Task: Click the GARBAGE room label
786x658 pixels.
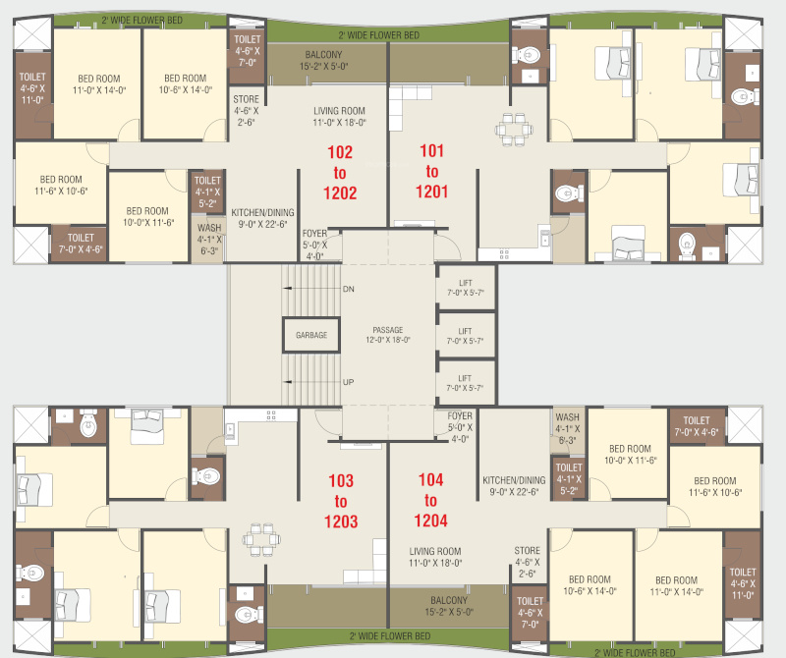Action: (x=310, y=335)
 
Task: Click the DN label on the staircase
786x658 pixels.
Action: (x=348, y=290)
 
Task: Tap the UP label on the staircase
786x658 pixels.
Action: (x=348, y=382)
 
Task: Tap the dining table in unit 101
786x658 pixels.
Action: (x=512, y=129)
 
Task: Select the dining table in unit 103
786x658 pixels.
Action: (x=260, y=537)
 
